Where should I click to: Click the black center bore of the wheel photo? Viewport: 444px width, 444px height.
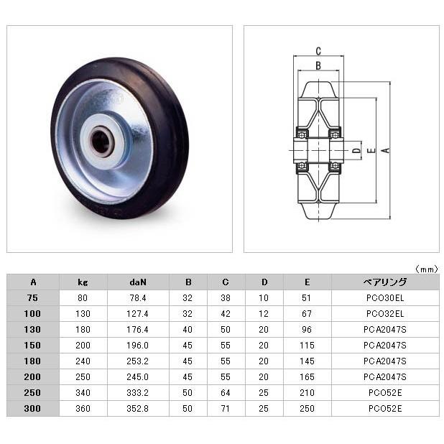pyautogui.click(x=101, y=142)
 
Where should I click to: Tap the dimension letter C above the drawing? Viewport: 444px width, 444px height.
pyautogui.click(x=318, y=51)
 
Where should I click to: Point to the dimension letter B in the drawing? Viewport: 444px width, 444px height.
pyautogui.click(x=318, y=65)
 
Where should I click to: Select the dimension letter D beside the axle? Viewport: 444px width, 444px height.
pyautogui.click(x=357, y=150)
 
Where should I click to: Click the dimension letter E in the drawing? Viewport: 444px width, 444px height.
pyautogui.click(x=371, y=150)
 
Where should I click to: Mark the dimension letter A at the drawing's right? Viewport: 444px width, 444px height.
pyautogui.click(x=386, y=150)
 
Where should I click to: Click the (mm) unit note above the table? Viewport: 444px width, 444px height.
pyautogui.click(x=427, y=269)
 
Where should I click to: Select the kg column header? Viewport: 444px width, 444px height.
pyautogui.click(x=83, y=282)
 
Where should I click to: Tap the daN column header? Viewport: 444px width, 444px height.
pyautogui.click(x=138, y=282)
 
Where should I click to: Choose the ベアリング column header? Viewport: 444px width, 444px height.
pyautogui.click(x=385, y=282)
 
